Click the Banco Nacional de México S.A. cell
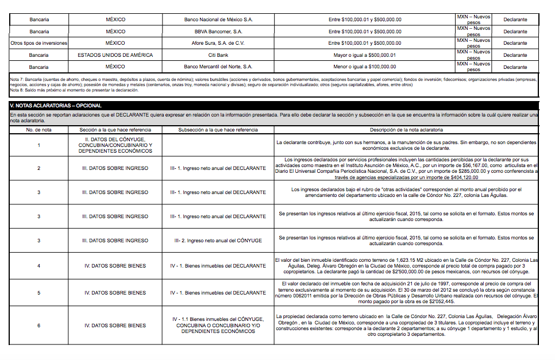point(218,20)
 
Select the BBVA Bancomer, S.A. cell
point(218,32)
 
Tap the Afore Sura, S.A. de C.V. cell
point(218,43)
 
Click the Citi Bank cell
point(218,55)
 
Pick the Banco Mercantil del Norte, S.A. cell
point(218,67)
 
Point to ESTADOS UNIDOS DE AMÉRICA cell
point(115,55)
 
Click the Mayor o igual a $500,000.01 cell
point(365,55)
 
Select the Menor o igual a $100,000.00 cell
point(365,67)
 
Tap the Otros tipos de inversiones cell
point(39,43)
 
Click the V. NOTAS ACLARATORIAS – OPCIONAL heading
point(56,106)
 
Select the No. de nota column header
point(39,130)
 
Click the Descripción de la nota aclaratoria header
point(406,130)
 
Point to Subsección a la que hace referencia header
point(218,130)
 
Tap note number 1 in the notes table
point(39,145)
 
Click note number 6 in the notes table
point(39,326)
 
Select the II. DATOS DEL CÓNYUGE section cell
point(115,145)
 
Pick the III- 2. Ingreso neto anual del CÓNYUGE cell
point(218,241)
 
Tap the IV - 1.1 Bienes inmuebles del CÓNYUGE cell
point(218,326)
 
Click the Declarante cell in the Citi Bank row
point(515,55)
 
